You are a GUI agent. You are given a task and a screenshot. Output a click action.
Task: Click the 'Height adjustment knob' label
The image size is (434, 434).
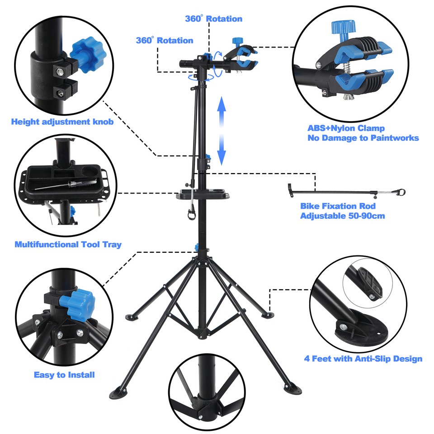pyautogui.click(x=62, y=122)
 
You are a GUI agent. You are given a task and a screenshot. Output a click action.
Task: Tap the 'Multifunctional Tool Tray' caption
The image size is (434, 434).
pyautogui.click(x=68, y=245)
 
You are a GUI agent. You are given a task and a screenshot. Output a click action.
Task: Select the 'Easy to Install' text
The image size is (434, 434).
pyautogui.click(x=64, y=375)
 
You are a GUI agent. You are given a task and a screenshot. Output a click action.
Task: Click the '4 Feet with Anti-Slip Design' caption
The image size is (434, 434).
pyautogui.click(x=363, y=359)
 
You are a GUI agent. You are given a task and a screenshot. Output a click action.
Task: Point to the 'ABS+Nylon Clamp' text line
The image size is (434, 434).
pyautogui.click(x=346, y=128)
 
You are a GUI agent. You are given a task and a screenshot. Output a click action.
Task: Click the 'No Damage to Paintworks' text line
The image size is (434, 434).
pyautogui.click(x=363, y=138)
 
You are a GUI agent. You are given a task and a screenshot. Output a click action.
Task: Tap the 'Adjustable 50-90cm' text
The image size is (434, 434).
pyautogui.click(x=342, y=216)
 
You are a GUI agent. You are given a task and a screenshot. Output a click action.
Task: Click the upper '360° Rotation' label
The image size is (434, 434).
pyautogui.click(x=213, y=19)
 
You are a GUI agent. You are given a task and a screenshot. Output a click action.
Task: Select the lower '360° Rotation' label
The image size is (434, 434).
pyautogui.click(x=165, y=40)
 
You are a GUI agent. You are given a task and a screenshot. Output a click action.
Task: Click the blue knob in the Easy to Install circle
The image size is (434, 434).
pyautogui.click(x=79, y=302)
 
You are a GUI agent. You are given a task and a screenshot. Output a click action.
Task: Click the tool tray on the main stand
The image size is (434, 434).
pyautogui.click(x=203, y=194)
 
